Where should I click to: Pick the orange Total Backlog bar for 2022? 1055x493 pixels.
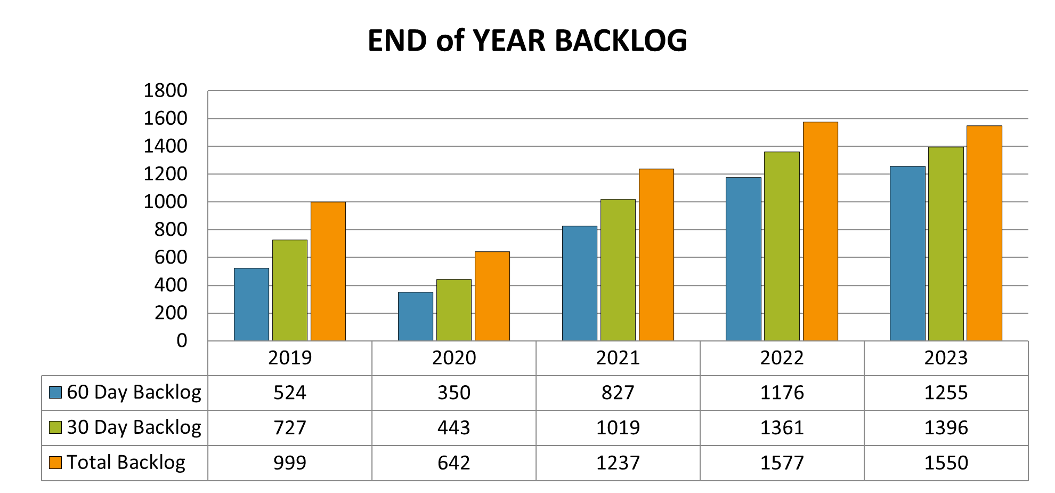[820, 231]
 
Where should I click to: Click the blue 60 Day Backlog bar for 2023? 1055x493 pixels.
[907, 253]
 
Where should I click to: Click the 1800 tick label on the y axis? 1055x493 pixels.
[165, 91]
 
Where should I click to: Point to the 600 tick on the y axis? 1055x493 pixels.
[171, 257]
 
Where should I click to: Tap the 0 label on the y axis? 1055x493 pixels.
[182, 340]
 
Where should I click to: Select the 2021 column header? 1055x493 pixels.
[618, 357]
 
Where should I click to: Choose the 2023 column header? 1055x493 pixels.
[946, 357]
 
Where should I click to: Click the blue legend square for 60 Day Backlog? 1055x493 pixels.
[55, 393]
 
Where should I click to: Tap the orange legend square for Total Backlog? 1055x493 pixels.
[55, 463]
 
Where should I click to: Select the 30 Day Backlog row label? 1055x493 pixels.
[134, 427]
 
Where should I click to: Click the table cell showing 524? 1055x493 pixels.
[290, 393]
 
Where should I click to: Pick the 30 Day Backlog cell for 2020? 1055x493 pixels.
[453, 427]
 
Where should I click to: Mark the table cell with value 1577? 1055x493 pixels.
[782, 463]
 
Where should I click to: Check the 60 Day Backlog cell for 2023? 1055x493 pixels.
[946, 393]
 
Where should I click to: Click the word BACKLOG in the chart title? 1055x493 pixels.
[621, 41]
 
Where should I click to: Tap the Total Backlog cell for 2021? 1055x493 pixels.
[618, 463]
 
